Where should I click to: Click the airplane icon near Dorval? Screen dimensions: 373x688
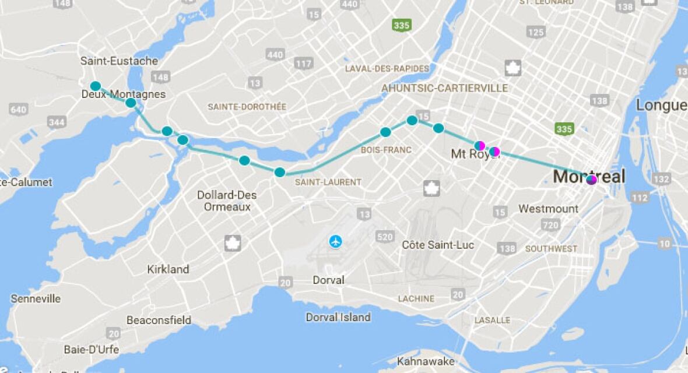tap(335, 241)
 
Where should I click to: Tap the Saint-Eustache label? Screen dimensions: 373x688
tap(119, 61)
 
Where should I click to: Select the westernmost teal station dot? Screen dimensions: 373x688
tap(96, 86)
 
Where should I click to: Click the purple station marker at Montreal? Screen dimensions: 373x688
tap(592, 180)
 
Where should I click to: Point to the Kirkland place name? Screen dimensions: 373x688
tap(168, 269)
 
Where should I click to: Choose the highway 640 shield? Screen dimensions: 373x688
tap(18, 110)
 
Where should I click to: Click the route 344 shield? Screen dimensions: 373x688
tap(57, 122)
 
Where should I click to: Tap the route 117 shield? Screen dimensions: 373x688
tap(304, 64)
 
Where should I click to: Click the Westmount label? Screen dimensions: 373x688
tap(548, 209)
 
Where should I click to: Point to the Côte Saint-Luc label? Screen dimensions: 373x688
tap(438, 245)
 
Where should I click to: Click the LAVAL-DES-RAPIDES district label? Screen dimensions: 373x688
tap(387, 68)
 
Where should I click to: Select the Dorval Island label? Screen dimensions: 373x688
tap(338, 317)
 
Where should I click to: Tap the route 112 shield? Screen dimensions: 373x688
tap(640, 198)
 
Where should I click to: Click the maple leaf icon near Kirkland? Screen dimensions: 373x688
tap(233, 243)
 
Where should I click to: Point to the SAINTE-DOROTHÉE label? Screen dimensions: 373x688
tap(247, 107)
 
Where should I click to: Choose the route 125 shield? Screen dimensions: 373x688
tap(535, 32)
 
